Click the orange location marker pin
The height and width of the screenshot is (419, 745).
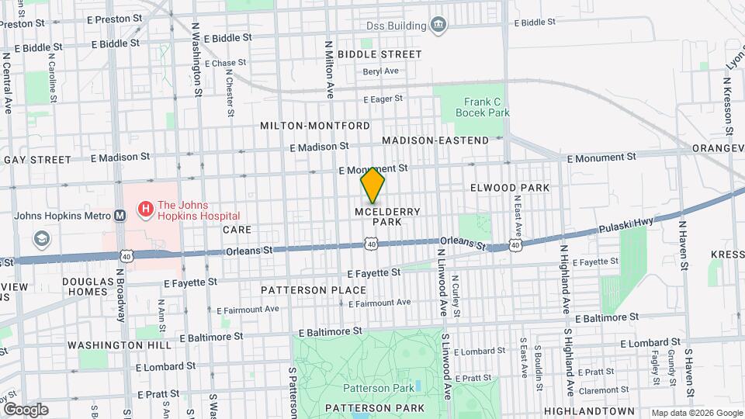pyautogui.click(x=372, y=185)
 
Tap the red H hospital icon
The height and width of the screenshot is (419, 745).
pyautogui.click(x=144, y=209)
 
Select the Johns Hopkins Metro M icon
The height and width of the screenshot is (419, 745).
pyautogui.click(x=120, y=216)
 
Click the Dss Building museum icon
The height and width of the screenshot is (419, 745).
pyautogui.click(x=439, y=26)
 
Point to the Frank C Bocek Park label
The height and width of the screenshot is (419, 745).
pyautogui.click(x=487, y=107)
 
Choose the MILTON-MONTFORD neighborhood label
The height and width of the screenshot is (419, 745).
pyautogui.click(x=315, y=126)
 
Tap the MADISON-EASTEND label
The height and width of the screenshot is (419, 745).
pyautogui.click(x=435, y=140)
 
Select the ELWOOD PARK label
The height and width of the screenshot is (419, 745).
pyautogui.click(x=510, y=188)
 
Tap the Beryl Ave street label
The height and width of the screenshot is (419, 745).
pyautogui.click(x=380, y=71)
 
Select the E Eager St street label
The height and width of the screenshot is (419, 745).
pyautogui.click(x=383, y=99)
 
